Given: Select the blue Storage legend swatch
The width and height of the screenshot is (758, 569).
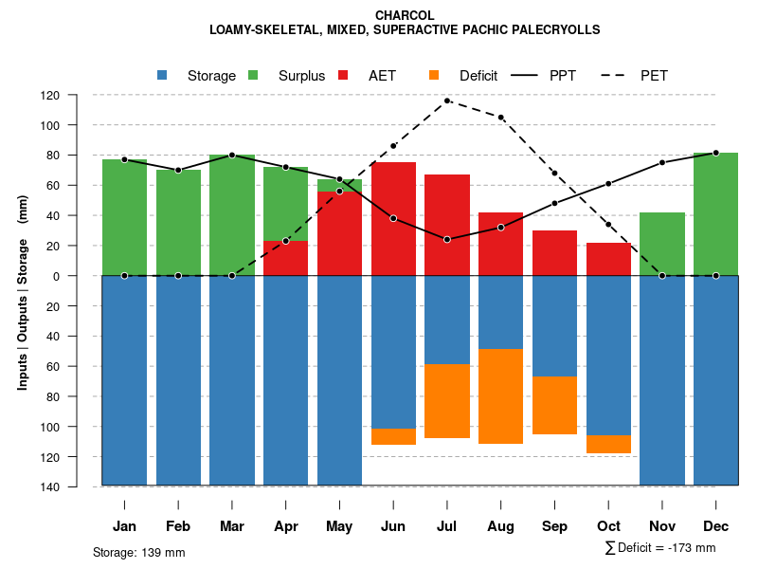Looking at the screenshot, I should tap(163, 76).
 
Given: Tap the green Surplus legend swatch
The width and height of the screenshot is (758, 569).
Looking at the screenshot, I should tap(253, 76).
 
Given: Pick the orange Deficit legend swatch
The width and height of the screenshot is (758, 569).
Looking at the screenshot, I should tap(434, 76).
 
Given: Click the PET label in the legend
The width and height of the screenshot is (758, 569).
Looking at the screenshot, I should tap(654, 76).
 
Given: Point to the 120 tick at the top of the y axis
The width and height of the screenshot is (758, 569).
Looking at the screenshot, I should tap(77, 95).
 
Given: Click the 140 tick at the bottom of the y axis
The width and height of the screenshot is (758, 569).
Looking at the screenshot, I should tap(77, 486).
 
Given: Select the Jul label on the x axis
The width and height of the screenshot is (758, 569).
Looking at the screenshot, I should tap(446, 526).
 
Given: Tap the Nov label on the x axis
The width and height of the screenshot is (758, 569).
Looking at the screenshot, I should tap(662, 526).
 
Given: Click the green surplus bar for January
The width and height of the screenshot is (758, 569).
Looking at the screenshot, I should tap(124, 217).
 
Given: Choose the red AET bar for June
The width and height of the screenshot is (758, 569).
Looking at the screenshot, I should tap(393, 218).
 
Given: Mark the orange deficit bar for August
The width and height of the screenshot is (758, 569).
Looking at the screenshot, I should tap(500, 396).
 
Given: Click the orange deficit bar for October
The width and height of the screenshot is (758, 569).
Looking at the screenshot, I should tap(608, 444).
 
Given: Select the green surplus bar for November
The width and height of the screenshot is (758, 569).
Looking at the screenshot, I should tap(662, 244).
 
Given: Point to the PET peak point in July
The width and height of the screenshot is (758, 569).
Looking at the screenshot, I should tap(446, 101).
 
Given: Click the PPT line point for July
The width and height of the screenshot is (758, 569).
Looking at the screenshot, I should tap(446, 239).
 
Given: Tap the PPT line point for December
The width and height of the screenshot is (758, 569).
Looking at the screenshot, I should tap(715, 153).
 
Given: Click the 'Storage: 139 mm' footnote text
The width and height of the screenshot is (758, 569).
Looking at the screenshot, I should tap(138, 552).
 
